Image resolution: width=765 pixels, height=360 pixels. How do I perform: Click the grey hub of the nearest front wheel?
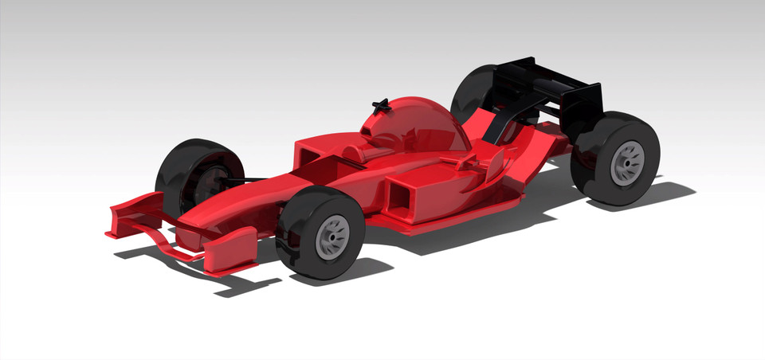point(332,237)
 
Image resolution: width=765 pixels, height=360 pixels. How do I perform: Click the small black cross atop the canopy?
point(381,105)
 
